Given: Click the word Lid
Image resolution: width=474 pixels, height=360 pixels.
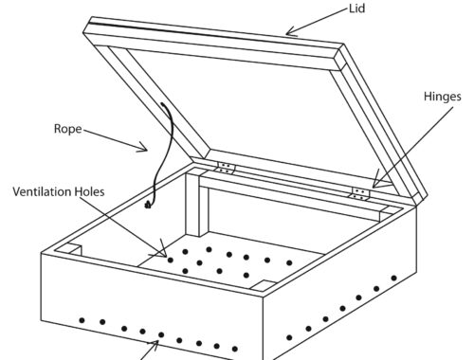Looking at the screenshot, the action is (357, 9).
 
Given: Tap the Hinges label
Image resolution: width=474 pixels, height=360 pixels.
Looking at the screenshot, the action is (443, 97).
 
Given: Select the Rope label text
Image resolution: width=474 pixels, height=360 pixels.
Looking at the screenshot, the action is (68, 129).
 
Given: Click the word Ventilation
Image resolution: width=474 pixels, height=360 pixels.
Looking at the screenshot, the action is (42, 191).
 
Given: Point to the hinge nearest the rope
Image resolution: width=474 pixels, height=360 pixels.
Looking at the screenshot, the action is (226, 168).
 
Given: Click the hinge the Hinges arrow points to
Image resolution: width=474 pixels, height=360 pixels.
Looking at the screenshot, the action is (360, 194).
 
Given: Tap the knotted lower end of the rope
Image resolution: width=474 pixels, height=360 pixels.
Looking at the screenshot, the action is (148, 206).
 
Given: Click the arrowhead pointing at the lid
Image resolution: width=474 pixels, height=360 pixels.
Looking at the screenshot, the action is (290, 32).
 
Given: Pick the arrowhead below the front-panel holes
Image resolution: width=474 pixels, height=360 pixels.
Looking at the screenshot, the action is (155, 345).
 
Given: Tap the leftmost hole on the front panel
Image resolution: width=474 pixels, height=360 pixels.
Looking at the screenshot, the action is (82, 320).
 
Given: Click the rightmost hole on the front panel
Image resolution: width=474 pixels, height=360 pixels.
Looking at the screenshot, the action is (235, 349).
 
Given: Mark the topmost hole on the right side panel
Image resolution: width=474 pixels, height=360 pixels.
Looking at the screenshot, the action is (393, 279).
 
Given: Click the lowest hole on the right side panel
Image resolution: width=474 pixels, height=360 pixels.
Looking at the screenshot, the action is (289, 337).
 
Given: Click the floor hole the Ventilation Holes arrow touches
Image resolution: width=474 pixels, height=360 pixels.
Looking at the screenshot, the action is (171, 261).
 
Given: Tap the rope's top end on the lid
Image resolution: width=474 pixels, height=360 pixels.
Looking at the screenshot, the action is (162, 104).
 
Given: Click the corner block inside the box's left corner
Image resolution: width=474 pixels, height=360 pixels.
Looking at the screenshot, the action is (70, 249).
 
